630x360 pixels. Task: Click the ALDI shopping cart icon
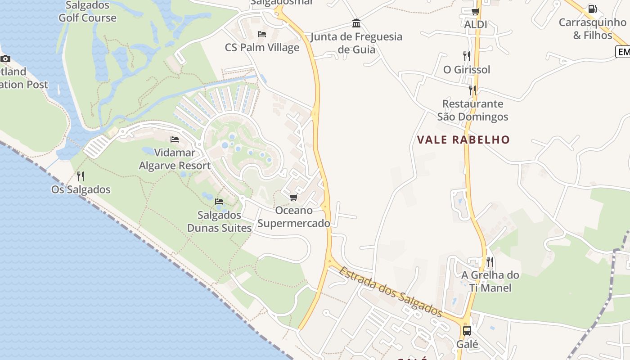(475, 11)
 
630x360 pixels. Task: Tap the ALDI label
(476, 24)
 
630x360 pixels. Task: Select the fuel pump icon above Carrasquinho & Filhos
(593, 9)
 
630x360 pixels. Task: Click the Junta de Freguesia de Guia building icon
(356, 23)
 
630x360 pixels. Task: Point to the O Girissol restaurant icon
(467, 56)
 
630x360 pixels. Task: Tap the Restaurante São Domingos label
(472, 110)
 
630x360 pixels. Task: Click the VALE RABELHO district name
(463, 139)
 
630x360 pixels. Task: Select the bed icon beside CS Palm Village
(262, 34)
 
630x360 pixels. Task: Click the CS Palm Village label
(262, 47)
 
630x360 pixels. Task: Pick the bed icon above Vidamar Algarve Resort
(175, 139)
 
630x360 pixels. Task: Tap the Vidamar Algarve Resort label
(175, 159)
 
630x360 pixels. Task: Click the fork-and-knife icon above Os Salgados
(81, 176)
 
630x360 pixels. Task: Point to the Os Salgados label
(81, 189)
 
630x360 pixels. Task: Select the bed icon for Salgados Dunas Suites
(219, 201)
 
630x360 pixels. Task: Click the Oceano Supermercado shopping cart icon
(293, 197)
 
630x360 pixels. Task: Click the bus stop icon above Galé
(467, 331)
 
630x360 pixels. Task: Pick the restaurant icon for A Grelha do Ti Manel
(490, 261)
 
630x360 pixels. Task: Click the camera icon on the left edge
(5, 58)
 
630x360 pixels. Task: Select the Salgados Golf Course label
(87, 12)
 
